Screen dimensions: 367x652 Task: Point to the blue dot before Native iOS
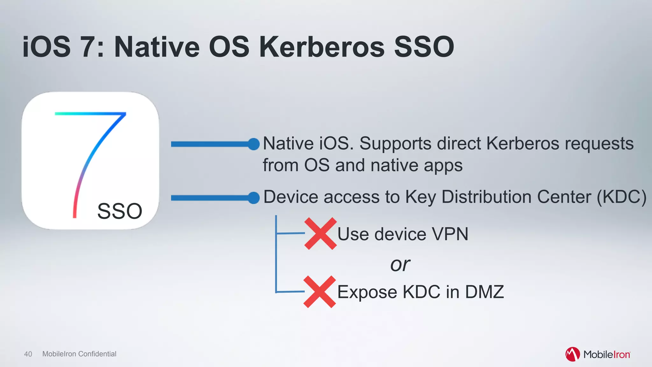254,144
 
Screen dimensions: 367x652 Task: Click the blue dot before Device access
254,198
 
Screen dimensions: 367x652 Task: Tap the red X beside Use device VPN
320,234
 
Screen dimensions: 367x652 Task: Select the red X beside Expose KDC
320,292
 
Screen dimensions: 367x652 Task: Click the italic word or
400,264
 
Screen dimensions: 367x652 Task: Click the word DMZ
485,292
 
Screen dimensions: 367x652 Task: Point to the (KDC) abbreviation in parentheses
621,197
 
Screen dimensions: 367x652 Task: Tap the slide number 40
28,354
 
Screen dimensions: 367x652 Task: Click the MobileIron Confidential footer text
79,354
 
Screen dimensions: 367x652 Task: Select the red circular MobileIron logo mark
572,354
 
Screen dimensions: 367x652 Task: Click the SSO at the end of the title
424,47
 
